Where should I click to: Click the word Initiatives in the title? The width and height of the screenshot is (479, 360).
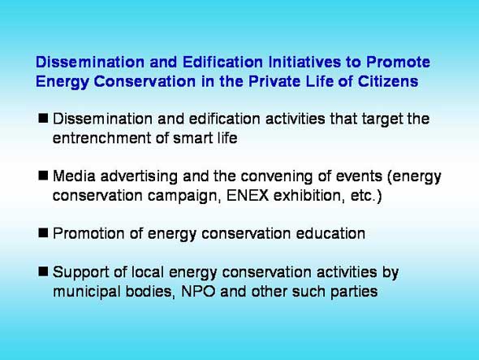pyautogui.click(x=304, y=62)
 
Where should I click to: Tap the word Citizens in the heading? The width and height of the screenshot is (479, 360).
pyautogui.click(x=387, y=81)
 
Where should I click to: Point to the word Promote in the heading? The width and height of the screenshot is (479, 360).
pyautogui.click(x=398, y=62)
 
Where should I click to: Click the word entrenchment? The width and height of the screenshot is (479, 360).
pyautogui.click(x=101, y=138)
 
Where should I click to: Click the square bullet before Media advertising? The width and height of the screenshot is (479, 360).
pyautogui.click(x=43, y=176)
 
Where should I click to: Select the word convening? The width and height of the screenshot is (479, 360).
pyautogui.click(x=277, y=176)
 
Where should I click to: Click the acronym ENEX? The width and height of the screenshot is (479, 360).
pyautogui.click(x=248, y=196)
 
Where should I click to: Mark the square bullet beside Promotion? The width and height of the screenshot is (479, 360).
pyautogui.click(x=43, y=233)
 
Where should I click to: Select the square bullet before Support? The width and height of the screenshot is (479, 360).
pyautogui.click(x=43, y=271)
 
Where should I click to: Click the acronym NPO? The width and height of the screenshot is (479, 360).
pyautogui.click(x=198, y=291)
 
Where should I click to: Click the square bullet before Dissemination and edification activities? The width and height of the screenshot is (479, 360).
pyautogui.click(x=43, y=118)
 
